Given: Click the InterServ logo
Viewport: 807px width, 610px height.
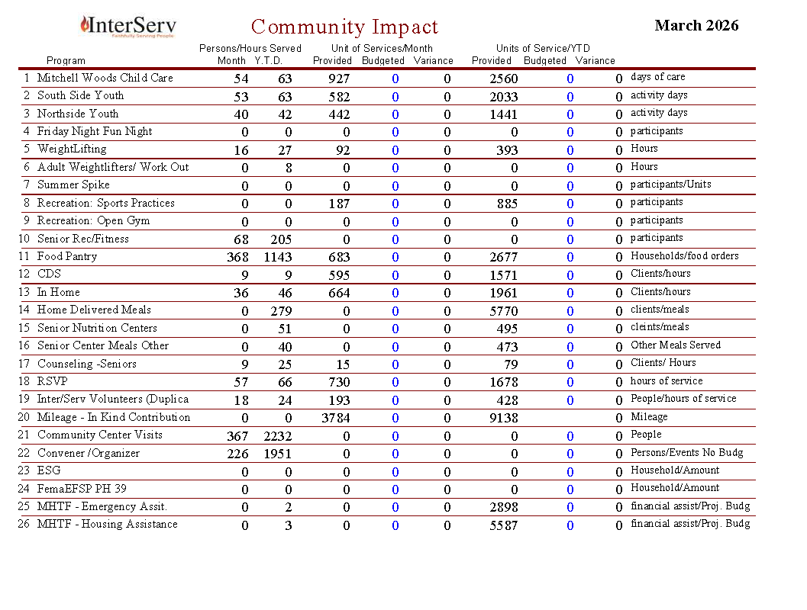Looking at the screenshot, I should (x=128, y=26).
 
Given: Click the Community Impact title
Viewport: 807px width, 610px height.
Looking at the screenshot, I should (x=344, y=27).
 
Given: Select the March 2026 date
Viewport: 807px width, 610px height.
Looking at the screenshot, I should (x=696, y=25).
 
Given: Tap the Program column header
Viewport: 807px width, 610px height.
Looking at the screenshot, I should (x=66, y=61).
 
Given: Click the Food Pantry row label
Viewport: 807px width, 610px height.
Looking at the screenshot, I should (x=67, y=257).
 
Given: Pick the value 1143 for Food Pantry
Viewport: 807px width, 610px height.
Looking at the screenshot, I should (x=277, y=258).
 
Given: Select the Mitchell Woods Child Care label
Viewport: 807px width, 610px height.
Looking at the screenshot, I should (x=105, y=78).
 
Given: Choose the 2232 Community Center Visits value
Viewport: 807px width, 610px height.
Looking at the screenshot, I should (x=277, y=436).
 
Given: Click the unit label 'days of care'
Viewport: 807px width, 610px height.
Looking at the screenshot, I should (x=657, y=77).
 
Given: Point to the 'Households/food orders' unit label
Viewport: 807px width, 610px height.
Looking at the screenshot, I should (x=684, y=256).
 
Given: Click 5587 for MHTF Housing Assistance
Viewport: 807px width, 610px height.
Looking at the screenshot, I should (x=503, y=525).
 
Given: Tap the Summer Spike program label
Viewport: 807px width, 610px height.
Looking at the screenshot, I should (x=73, y=185).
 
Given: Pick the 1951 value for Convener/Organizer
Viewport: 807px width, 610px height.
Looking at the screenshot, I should (x=277, y=454).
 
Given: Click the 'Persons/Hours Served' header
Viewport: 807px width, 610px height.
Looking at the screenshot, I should (x=250, y=49).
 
